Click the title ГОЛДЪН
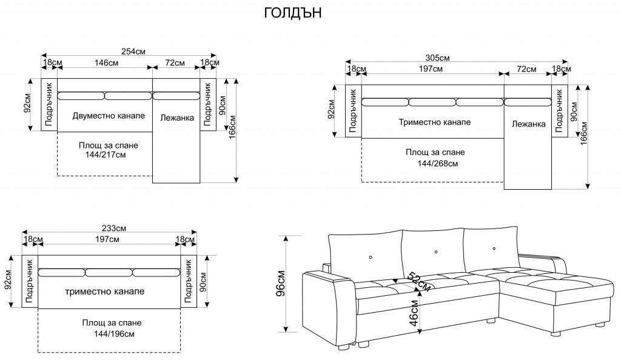click(292, 14)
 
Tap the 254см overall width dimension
click(133, 52)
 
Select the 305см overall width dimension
click(437, 58)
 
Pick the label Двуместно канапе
click(109, 116)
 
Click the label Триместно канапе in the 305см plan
click(435, 122)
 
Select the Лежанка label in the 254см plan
click(177, 118)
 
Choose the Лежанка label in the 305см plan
click(529, 124)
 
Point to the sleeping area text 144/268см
click(437, 164)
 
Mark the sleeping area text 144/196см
click(110, 334)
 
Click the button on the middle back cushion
click(436, 252)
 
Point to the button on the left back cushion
click(370, 257)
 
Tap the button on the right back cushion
click(494, 248)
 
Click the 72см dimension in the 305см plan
click(527, 69)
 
